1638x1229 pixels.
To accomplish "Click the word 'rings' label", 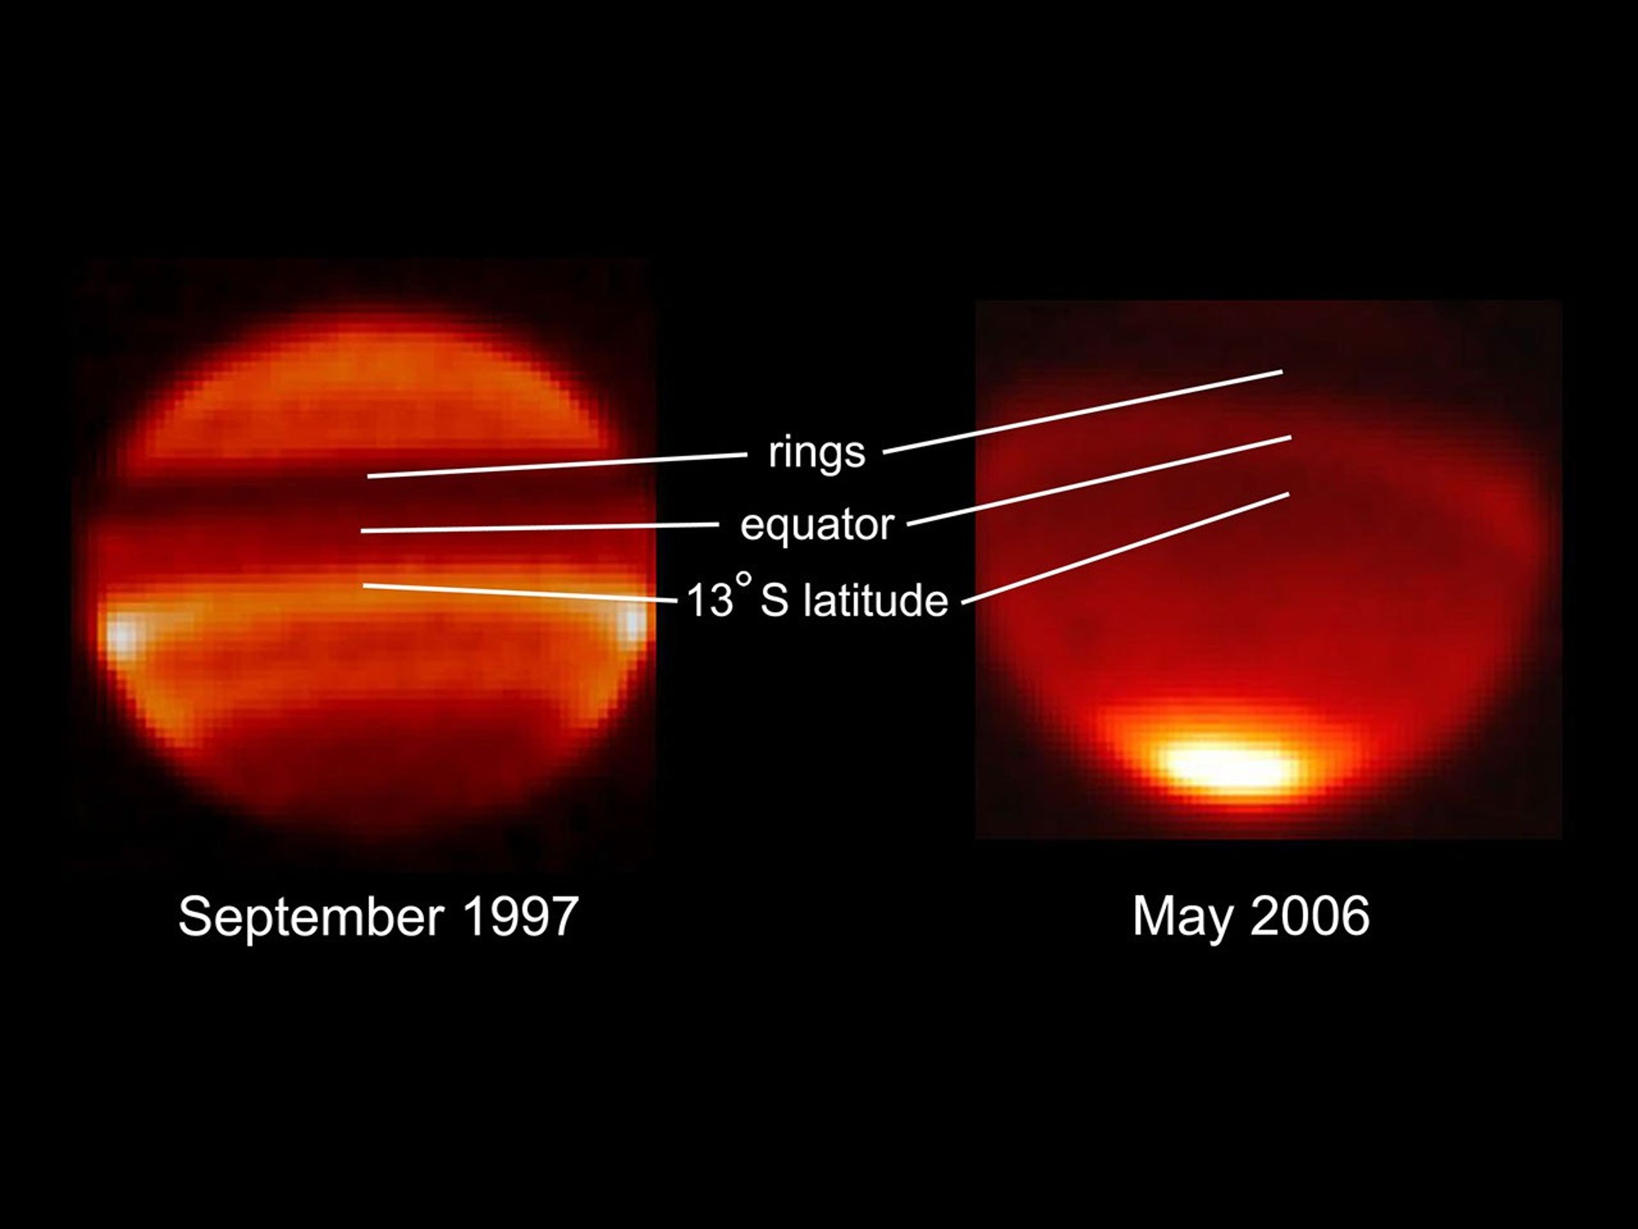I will coord(816,453).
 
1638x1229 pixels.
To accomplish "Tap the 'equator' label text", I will coord(817,525).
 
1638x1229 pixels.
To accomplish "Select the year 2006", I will coord(1310,917).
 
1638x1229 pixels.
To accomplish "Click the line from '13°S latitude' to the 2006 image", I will coord(1125,548).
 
